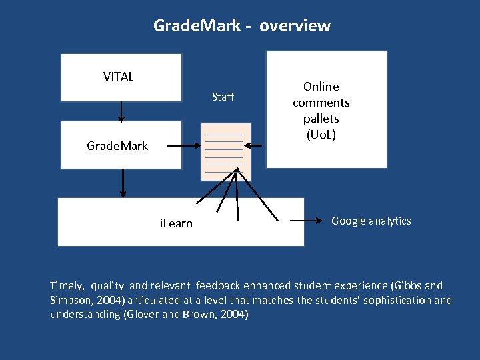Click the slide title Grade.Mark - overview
241,26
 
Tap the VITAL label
118,77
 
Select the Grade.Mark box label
117,145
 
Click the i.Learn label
176,223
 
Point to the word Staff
223,97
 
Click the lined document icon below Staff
225,152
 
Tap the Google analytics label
371,221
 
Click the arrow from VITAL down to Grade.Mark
121,111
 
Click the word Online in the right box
321,87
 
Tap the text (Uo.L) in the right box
321,135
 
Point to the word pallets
321,119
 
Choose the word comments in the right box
321,103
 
